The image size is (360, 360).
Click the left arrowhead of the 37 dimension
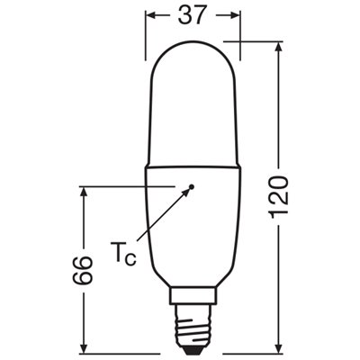150,16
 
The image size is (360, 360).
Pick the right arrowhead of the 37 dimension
236,16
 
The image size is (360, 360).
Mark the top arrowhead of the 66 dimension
83,192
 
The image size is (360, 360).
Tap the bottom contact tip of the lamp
192,347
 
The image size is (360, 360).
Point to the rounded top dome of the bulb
192,54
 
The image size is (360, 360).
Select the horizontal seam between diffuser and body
192,167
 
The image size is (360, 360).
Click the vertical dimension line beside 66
83,225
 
